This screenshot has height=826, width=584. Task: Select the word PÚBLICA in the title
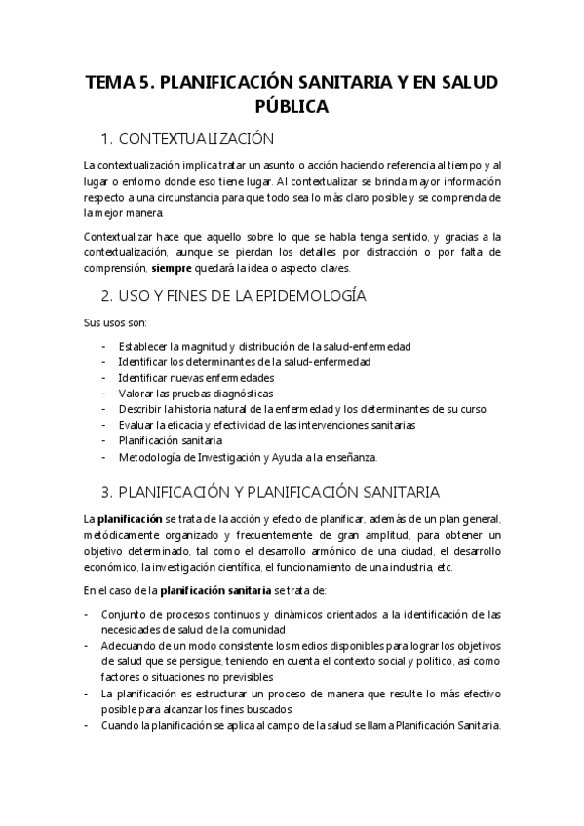click(292, 106)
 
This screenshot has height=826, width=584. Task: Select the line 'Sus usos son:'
click(115, 322)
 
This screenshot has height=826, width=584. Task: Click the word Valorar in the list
click(136, 393)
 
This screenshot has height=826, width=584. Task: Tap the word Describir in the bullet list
click(140, 409)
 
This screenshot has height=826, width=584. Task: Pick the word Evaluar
click(137, 425)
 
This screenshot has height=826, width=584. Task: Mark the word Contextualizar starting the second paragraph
click(126, 237)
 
